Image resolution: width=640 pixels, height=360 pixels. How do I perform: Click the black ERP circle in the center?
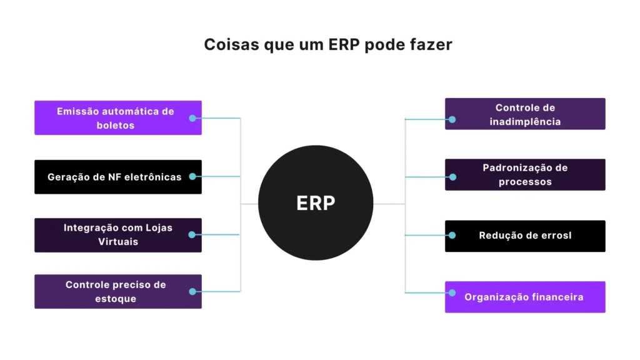[316, 203]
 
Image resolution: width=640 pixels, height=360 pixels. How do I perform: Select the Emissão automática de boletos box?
[117, 117]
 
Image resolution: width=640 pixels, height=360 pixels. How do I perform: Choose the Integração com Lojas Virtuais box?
[117, 235]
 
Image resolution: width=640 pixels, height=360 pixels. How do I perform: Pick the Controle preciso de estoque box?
[117, 291]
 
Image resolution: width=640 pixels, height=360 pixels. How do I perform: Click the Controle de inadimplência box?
[525, 114]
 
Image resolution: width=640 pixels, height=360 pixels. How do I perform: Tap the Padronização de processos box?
[525, 174]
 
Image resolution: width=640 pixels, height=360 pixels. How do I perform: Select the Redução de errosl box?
[525, 236]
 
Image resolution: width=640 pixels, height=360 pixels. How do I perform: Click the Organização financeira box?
[525, 297]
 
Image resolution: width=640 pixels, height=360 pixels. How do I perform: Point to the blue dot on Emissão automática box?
[192, 117]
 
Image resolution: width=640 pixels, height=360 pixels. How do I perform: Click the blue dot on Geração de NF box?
[192, 176]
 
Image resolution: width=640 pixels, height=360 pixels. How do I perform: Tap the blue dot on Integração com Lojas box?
[192, 234]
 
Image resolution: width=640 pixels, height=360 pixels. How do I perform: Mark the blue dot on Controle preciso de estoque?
[192, 291]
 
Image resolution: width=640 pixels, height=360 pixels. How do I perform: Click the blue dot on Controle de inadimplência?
[452, 119]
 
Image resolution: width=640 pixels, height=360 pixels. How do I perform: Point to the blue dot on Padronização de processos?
[452, 177]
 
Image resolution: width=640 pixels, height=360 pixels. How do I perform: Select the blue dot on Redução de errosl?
[452, 236]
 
